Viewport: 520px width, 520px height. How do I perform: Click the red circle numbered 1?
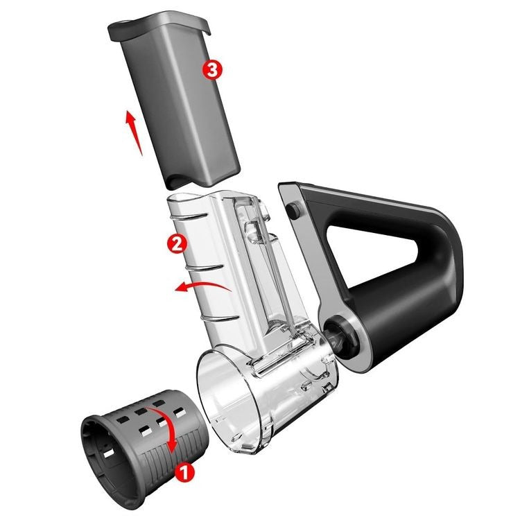tap(184, 472)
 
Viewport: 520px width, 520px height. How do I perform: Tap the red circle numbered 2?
tap(177, 243)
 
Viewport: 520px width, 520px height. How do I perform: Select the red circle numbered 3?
tap(212, 70)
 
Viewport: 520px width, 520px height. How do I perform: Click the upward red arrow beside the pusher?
tap(133, 132)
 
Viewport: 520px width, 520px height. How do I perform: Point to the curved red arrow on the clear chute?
tap(202, 284)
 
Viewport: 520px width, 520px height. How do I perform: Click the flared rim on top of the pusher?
tap(159, 26)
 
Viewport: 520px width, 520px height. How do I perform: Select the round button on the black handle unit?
tap(293, 209)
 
